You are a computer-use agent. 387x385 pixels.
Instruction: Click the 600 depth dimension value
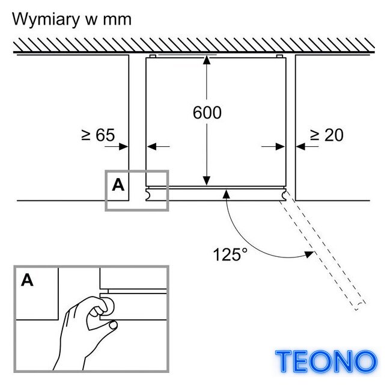point(207,112)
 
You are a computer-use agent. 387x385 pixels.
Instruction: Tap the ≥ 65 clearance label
point(98,135)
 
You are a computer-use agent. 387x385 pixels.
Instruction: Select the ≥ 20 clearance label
point(327,135)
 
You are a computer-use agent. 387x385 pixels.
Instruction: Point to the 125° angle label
point(230,254)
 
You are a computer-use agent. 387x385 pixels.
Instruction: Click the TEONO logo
point(326,362)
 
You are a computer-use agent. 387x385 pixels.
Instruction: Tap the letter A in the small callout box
point(118,185)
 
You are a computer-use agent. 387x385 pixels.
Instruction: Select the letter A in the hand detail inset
point(27,280)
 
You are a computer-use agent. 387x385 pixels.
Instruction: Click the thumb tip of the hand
point(114,325)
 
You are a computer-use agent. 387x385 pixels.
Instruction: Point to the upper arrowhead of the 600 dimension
point(207,60)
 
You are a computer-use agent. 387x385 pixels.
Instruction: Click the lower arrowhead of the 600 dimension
point(207,180)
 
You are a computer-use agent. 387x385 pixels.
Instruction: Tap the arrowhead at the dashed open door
point(309,254)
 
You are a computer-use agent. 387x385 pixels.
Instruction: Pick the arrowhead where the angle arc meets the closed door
point(227,194)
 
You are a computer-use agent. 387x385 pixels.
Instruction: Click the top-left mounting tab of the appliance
point(153,57)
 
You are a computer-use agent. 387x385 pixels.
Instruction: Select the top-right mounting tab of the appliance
point(279,57)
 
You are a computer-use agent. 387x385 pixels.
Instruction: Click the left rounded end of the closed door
point(148,195)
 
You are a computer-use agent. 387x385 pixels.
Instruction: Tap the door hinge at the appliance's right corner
point(284,195)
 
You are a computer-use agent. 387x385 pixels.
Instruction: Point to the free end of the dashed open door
point(360,306)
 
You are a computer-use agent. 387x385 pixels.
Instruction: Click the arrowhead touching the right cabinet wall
point(300,147)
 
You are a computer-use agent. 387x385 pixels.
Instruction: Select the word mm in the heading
point(117,20)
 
